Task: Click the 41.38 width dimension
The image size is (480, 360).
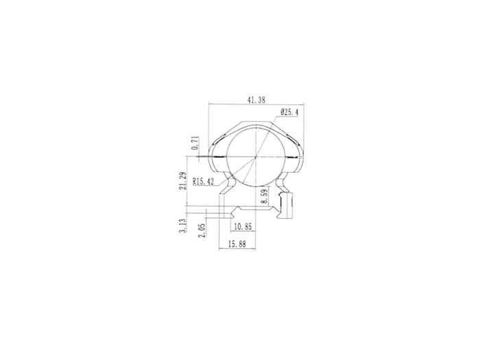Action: [256, 100]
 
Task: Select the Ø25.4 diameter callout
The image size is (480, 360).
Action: [289, 112]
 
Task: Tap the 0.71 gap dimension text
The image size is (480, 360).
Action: [195, 143]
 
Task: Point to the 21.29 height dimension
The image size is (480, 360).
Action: [183, 181]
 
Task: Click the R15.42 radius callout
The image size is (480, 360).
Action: [203, 182]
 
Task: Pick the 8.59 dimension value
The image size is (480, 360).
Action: [264, 196]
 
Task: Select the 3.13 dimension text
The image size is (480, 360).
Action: [183, 226]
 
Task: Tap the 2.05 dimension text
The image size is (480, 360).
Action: [202, 230]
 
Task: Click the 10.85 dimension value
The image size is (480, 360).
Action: [243, 226]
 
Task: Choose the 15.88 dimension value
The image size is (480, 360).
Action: [237, 244]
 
